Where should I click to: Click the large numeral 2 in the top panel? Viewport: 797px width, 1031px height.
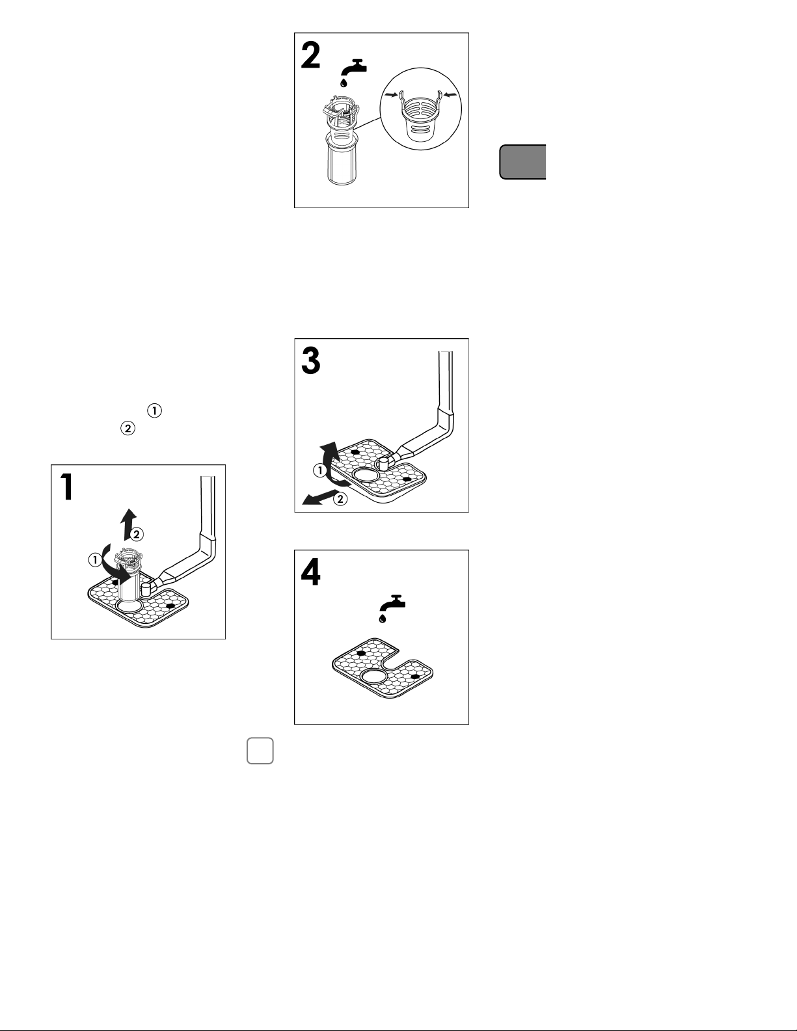pyautogui.click(x=311, y=55)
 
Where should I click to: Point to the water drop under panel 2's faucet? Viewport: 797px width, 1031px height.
pyautogui.click(x=344, y=83)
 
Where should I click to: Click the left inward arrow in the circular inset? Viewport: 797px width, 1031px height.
pyautogui.click(x=392, y=95)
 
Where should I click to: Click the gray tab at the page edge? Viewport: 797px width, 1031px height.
pyautogui.click(x=522, y=162)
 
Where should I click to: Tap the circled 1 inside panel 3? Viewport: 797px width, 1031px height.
pyautogui.click(x=320, y=471)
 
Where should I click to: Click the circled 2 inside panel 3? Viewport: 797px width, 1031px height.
pyautogui.click(x=340, y=499)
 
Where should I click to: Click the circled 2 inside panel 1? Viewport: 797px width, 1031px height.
pyautogui.click(x=137, y=535)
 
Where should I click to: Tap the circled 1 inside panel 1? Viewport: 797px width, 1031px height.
pyautogui.click(x=95, y=560)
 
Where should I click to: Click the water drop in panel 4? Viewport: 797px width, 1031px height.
pyautogui.click(x=383, y=619)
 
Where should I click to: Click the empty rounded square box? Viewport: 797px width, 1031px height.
pyautogui.click(x=260, y=751)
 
